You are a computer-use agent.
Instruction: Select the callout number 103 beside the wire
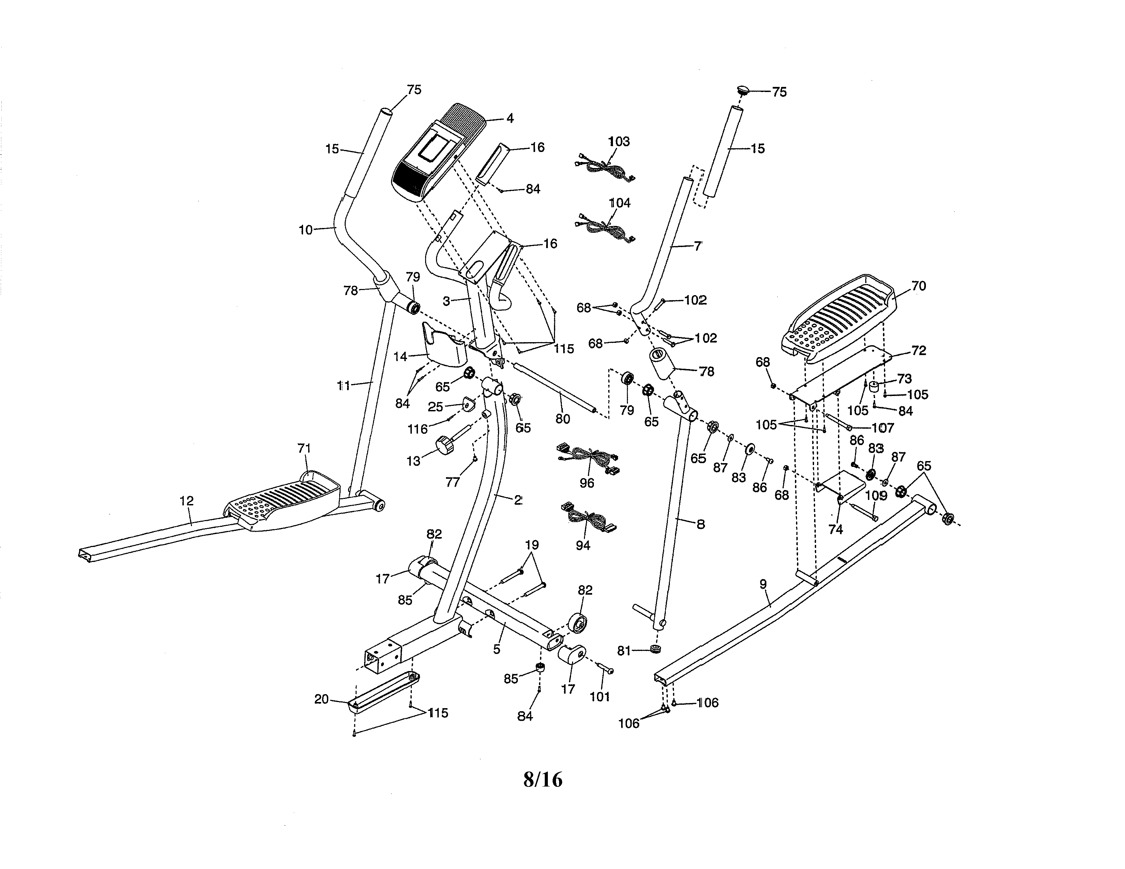(x=619, y=141)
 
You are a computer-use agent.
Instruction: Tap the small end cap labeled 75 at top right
(x=742, y=91)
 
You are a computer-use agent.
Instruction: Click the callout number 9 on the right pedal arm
(x=763, y=584)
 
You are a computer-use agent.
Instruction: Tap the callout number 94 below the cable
(x=583, y=546)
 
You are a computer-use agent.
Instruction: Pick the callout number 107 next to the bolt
(x=882, y=428)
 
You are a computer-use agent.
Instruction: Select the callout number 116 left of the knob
(x=418, y=429)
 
